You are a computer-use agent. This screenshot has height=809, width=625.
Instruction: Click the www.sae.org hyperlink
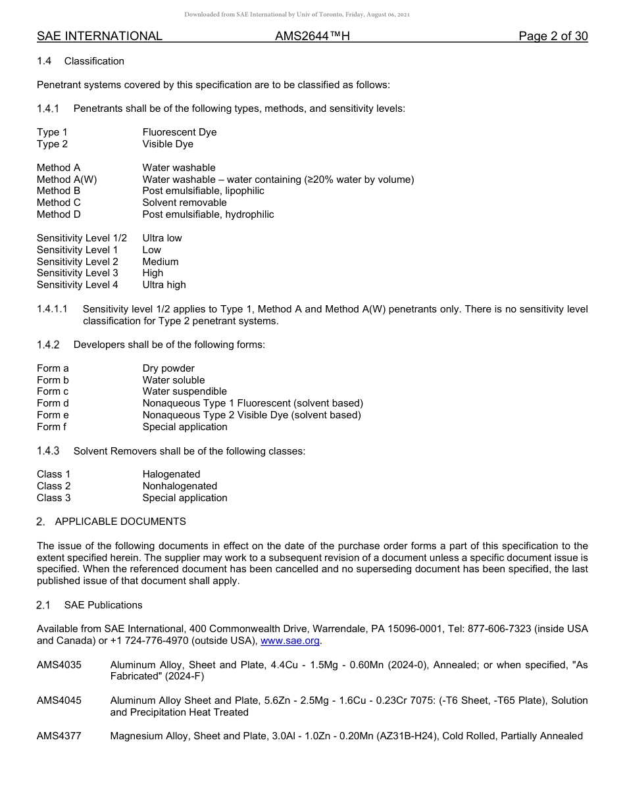pos(290,641)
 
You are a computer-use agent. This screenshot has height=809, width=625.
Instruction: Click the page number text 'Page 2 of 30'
pos(553,36)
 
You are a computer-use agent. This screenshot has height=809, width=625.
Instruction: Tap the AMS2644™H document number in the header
pos(312,36)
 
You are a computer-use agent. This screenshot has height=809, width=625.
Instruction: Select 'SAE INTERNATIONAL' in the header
pos(99,36)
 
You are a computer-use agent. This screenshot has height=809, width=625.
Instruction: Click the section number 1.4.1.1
pos(52,309)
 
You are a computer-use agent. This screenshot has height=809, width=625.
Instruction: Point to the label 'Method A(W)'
pos(67,180)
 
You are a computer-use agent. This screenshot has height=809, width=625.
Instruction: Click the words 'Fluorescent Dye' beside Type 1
pos(179,132)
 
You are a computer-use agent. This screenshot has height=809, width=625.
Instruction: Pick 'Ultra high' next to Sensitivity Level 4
pos(164,285)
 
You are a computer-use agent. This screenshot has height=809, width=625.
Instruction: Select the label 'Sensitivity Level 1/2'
pos(82,238)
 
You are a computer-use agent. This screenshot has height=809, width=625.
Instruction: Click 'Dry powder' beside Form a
pos(168,368)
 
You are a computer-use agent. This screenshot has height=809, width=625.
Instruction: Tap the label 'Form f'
pos(51,427)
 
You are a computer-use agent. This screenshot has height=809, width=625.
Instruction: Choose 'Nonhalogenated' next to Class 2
pos(180,486)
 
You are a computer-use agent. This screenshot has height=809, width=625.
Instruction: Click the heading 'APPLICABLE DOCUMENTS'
pos(120,522)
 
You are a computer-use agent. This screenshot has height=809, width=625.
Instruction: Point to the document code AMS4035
pos(59,665)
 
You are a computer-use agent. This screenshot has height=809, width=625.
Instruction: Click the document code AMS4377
pos(59,736)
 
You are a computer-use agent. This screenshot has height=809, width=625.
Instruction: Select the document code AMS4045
pos(59,700)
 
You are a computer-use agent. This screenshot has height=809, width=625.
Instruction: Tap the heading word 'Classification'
pos(94,61)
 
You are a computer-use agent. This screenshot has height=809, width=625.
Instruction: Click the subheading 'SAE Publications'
pos(103,605)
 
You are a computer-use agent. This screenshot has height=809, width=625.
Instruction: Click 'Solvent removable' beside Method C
pos(184,203)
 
